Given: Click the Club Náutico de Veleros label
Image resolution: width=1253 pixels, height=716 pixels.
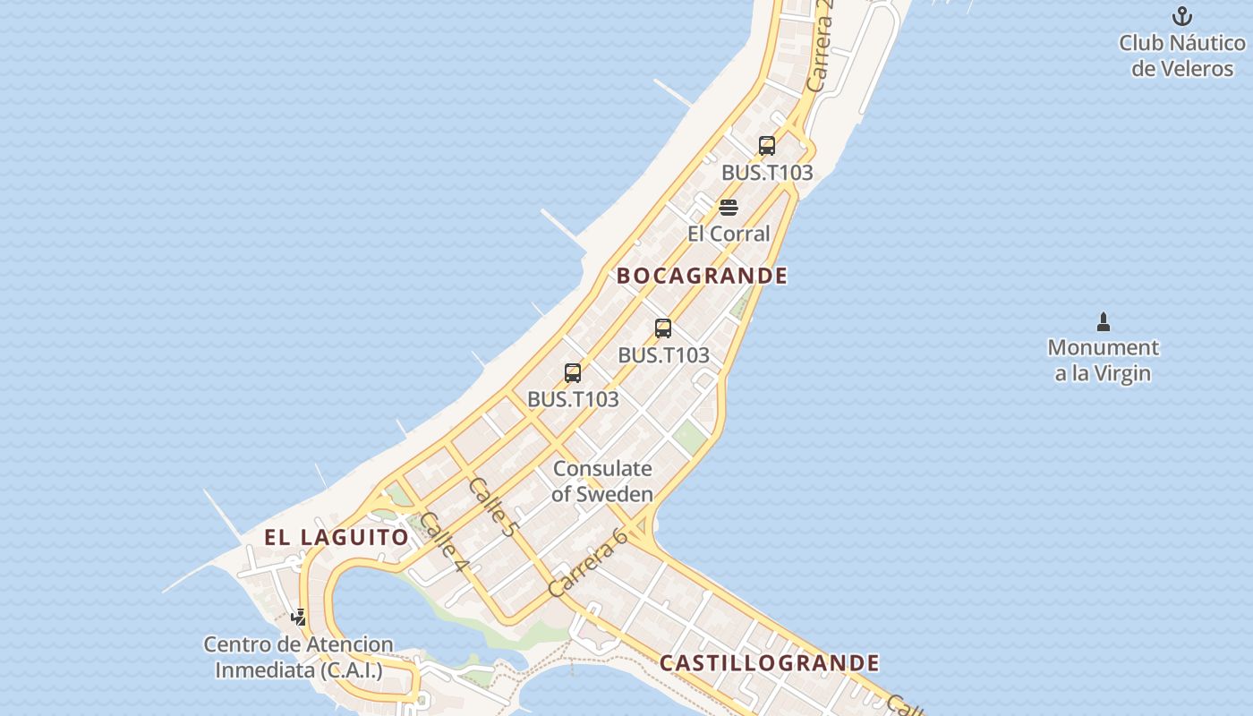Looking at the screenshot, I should coord(1182,55).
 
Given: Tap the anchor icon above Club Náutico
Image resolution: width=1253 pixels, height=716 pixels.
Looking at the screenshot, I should coord(1182,16).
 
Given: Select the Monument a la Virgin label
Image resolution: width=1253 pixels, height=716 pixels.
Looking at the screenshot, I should coord(1103,360).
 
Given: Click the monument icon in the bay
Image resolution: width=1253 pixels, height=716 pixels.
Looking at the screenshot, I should coord(1104,321).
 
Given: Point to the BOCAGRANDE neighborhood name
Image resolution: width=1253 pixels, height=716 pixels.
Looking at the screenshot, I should coord(703,276).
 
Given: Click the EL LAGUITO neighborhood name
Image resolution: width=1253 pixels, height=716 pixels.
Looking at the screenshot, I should coord(337,537).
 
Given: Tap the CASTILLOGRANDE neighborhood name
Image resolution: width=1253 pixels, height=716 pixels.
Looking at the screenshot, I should coord(770,663).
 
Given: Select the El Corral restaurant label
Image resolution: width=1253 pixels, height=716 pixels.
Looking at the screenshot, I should coord(729,234).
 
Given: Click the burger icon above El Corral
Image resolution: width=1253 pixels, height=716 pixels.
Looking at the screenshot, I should coord(729,209).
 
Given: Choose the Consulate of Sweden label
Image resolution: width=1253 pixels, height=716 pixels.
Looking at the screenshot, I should coord(602,481).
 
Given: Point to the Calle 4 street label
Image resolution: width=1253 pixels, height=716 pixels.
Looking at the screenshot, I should coord(444,541).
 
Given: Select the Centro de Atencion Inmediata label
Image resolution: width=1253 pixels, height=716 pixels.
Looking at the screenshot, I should coord(298,657).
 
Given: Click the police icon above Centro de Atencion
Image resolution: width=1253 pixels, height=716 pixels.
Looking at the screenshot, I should coord(299,618).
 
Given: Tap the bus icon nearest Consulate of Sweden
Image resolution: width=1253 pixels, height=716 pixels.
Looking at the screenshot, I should coord(573,373).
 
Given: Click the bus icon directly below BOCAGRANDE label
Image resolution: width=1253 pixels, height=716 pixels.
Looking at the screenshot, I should coord(663,328).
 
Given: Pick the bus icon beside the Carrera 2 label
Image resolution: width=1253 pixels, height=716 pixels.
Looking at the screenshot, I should coord(767,146).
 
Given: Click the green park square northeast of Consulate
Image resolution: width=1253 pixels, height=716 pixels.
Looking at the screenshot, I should coord(690,438).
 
